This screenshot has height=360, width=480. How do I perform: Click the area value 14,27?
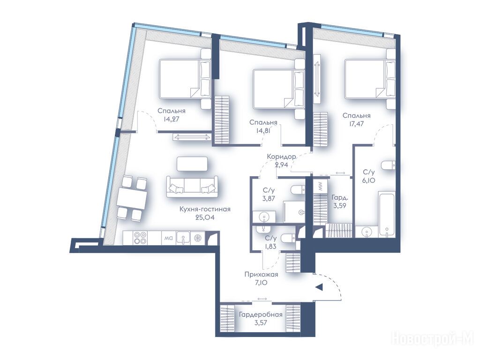coord(172,119)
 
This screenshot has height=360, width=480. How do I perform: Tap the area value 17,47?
coord(356,124)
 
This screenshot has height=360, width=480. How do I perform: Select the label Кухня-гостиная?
coord(205,210)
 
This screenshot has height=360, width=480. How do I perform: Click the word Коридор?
coord(281,157)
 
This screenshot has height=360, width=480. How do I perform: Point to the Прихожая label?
coord(261,275)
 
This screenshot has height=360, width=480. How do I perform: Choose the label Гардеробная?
coord(261,315)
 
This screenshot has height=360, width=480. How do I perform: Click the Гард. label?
coord(339,197)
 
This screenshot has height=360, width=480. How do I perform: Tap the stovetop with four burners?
coord(140,238)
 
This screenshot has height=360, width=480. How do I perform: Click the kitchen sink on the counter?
coord(183,238)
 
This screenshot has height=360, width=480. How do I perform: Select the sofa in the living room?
coord(192,187)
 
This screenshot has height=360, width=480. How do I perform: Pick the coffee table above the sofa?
coord(192,164)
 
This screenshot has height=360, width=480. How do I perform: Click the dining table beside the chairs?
coord(131,198)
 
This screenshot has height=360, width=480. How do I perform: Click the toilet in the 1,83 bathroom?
coord(288,238)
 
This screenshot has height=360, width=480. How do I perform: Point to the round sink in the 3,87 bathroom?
coord(263,217)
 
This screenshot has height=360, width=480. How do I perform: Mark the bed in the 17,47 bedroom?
coord(370,79)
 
